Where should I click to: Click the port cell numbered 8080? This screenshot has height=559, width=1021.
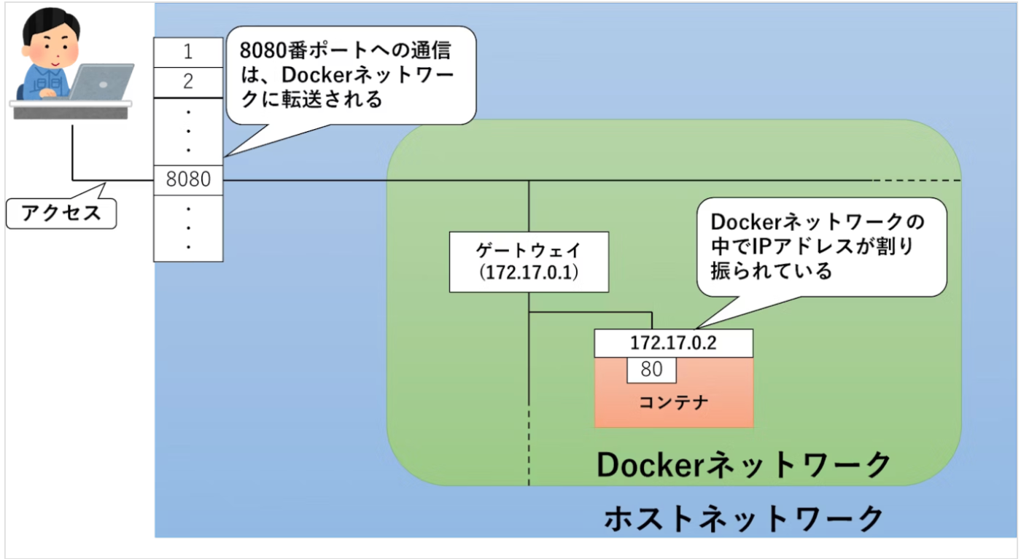pos(187,179)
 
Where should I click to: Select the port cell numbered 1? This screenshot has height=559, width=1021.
pos(187,52)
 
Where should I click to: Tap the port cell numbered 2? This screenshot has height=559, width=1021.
pos(187,82)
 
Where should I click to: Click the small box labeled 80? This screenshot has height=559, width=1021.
pos(651,370)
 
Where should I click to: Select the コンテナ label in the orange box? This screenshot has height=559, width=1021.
pos(673,402)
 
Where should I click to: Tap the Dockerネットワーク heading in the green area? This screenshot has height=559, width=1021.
pos(744,464)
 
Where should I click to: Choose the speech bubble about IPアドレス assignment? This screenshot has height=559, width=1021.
pos(820,246)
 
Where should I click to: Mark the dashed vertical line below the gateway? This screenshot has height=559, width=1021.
pos(529,452)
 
